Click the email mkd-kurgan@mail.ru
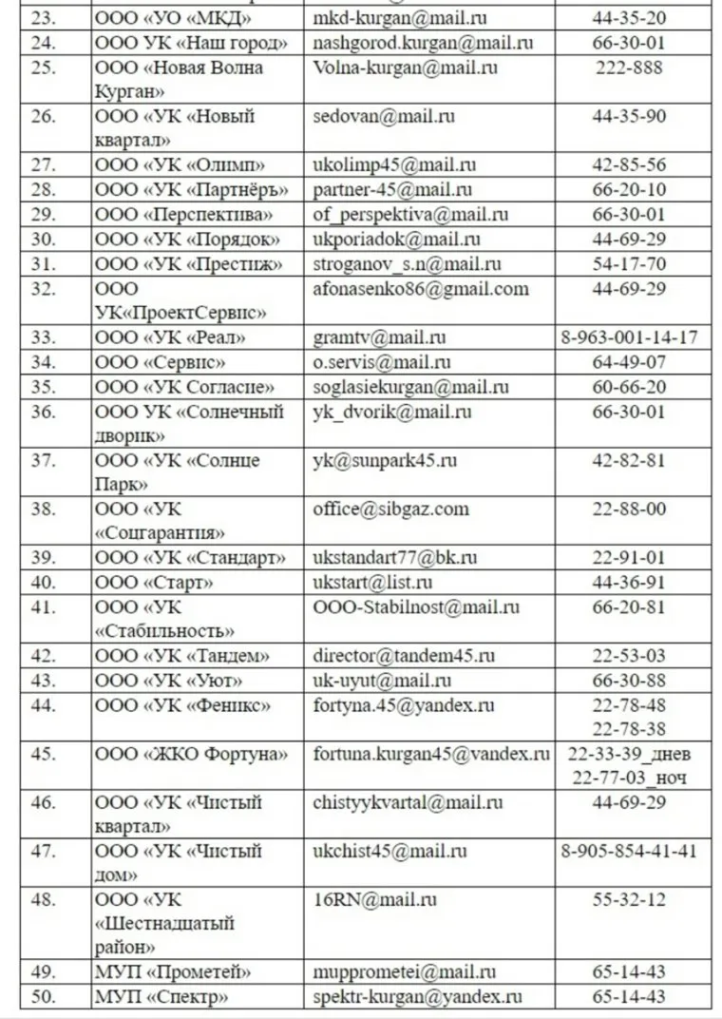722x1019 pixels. (x=399, y=18)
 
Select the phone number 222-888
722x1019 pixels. (x=629, y=67)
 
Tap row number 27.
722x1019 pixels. (x=44, y=164)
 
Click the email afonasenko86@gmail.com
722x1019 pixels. (x=421, y=289)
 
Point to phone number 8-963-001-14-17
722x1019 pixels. (x=629, y=337)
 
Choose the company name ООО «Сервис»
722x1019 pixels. (x=161, y=362)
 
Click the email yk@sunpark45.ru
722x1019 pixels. (x=385, y=461)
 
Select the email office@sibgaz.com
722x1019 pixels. (x=390, y=509)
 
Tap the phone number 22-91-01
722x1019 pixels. (x=629, y=558)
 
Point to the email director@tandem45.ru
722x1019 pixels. (x=404, y=656)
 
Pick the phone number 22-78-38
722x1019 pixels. (x=629, y=729)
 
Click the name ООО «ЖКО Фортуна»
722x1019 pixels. (x=191, y=755)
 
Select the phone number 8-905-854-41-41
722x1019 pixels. (x=629, y=851)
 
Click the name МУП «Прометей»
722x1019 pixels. (x=173, y=972)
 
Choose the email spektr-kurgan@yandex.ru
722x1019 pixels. (x=418, y=997)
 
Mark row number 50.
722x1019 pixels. (x=44, y=997)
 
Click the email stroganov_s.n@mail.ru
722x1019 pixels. (x=407, y=264)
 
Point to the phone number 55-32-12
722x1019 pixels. (x=629, y=899)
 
